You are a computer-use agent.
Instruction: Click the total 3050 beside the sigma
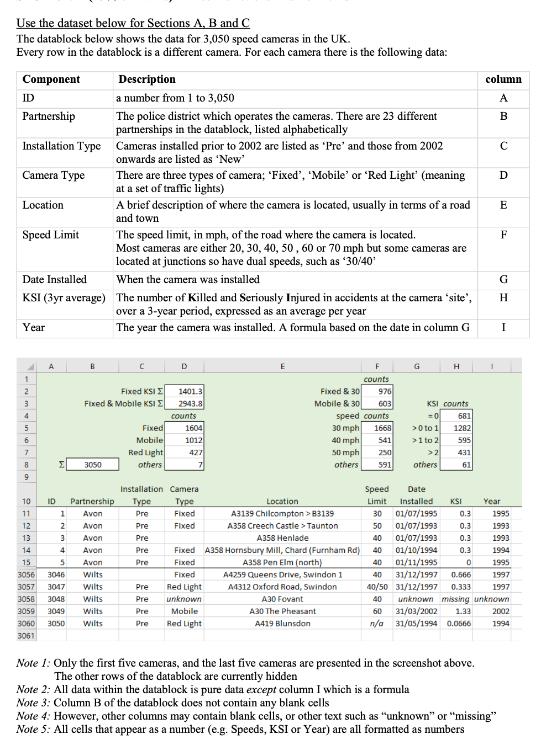[93, 465]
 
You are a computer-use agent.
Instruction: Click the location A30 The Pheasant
[282, 611]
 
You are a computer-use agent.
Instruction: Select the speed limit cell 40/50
[377, 587]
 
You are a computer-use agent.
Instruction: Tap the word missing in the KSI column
[455, 599]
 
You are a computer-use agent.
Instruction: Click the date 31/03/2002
[416, 611]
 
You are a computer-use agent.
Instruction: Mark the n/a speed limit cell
[377, 624]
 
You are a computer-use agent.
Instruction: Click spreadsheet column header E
[282, 366]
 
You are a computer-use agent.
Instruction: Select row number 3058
[26, 599]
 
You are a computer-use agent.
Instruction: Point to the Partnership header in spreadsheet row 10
[92, 502]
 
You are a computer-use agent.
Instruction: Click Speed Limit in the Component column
[51, 235]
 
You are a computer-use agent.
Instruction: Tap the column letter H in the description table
[503, 298]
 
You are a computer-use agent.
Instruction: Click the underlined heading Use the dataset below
[133, 23]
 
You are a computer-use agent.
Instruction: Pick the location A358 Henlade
[282, 538]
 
